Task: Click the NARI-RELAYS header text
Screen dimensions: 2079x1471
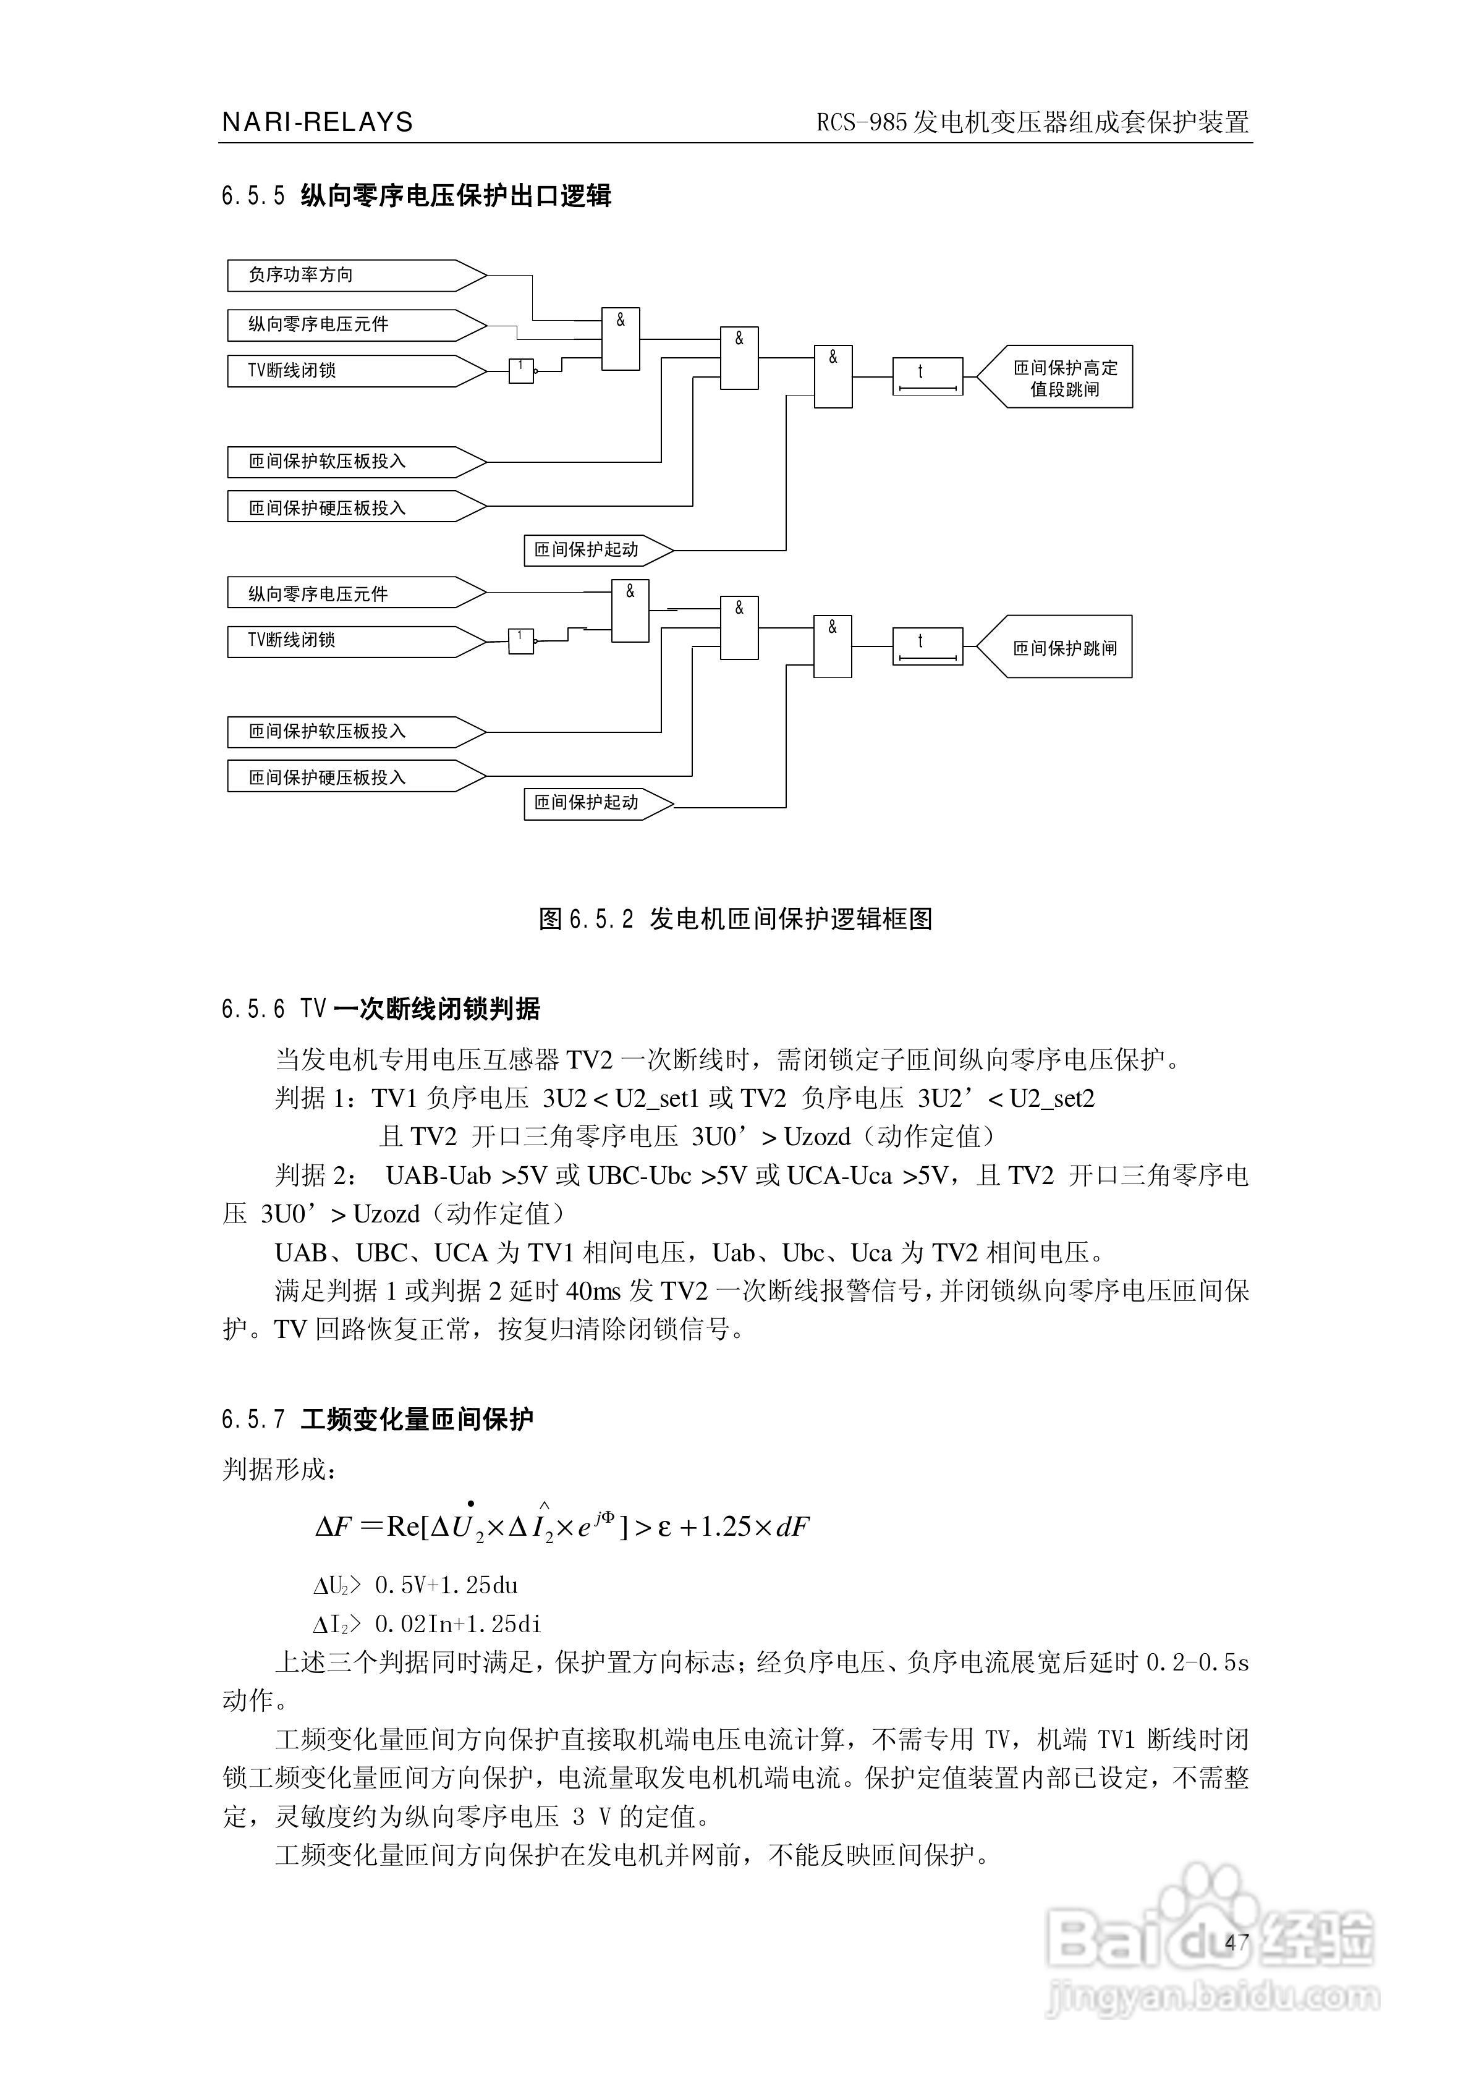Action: click(317, 122)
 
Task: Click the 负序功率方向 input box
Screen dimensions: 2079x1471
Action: click(354, 275)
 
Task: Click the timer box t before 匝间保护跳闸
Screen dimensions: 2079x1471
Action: click(928, 646)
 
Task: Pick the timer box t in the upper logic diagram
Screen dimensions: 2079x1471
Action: click(928, 376)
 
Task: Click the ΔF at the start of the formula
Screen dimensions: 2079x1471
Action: click(333, 1528)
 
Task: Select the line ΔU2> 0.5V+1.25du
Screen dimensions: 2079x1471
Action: click(416, 1585)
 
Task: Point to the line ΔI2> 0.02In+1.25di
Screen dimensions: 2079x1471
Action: click(426, 1624)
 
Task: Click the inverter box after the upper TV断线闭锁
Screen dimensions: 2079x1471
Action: click(521, 370)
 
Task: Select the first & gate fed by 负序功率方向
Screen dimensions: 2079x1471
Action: click(621, 339)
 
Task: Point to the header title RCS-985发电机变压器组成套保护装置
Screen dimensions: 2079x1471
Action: click(1033, 122)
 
